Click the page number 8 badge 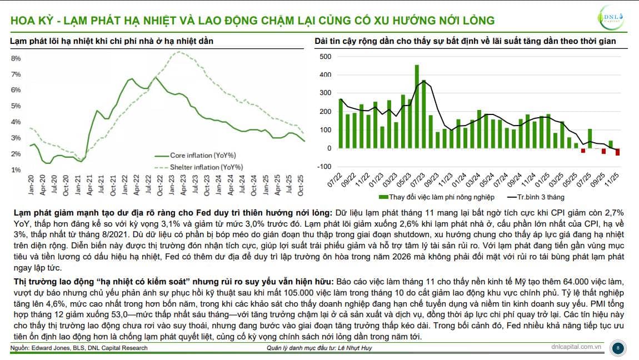[618, 348]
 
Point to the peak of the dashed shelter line [177, 52]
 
